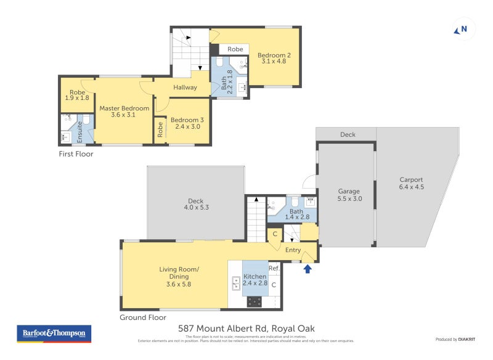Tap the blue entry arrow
(x=308, y=268)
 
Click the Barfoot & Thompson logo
(x=54, y=333)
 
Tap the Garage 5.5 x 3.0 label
(x=349, y=195)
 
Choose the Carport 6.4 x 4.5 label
(x=411, y=183)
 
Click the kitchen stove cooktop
(x=255, y=301)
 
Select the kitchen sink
(x=236, y=283)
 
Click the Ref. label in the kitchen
(x=274, y=268)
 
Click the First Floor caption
(x=76, y=154)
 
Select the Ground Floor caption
(x=142, y=317)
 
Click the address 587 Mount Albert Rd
(x=246, y=329)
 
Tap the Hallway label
(x=185, y=88)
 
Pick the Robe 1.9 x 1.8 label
(x=77, y=95)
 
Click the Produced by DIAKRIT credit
(x=455, y=340)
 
